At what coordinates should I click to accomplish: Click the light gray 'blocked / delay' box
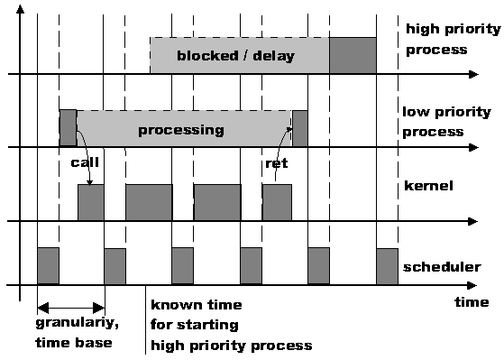[x=239, y=56]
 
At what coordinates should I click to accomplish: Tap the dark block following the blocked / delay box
[x=353, y=56]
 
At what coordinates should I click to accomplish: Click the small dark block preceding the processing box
[x=68, y=128]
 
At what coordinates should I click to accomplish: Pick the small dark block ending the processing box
[x=299, y=129]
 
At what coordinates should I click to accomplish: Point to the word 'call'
[x=84, y=163]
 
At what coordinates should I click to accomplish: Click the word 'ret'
[x=275, y=163]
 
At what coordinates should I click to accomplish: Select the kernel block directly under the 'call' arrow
[x=91, y=202]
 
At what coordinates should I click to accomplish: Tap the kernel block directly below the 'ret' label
[x=277, y=202]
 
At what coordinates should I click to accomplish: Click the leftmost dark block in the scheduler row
[x=48, y=265]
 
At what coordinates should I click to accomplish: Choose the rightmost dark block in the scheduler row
[x=387, y=265]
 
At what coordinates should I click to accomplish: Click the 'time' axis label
[x=471, y=302]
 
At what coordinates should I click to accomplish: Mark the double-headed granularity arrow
[x=71, y=307]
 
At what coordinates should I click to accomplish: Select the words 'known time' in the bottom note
[x=196, y=305]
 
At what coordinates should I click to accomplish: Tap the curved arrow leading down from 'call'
[x=83, y=153]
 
